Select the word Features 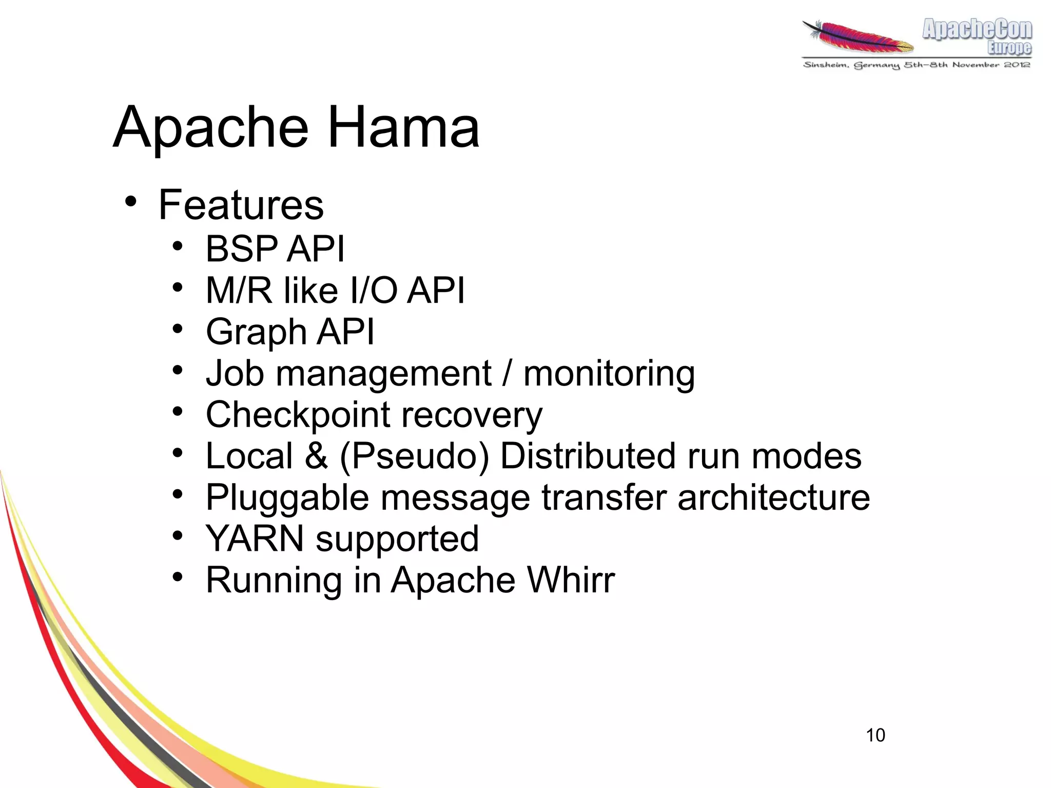[x=241, y=205]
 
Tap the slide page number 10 [x=875, y=735]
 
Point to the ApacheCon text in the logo [x=977, y=29]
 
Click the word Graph [x=256, y=333]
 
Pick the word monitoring [x=609, y=374]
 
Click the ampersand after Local [x=316, y=456]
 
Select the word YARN [x=255, y=539]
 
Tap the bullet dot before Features [x=131, y=201]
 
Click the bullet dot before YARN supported [x=178, y=535]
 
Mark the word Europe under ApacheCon [x=1009, y=48]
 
